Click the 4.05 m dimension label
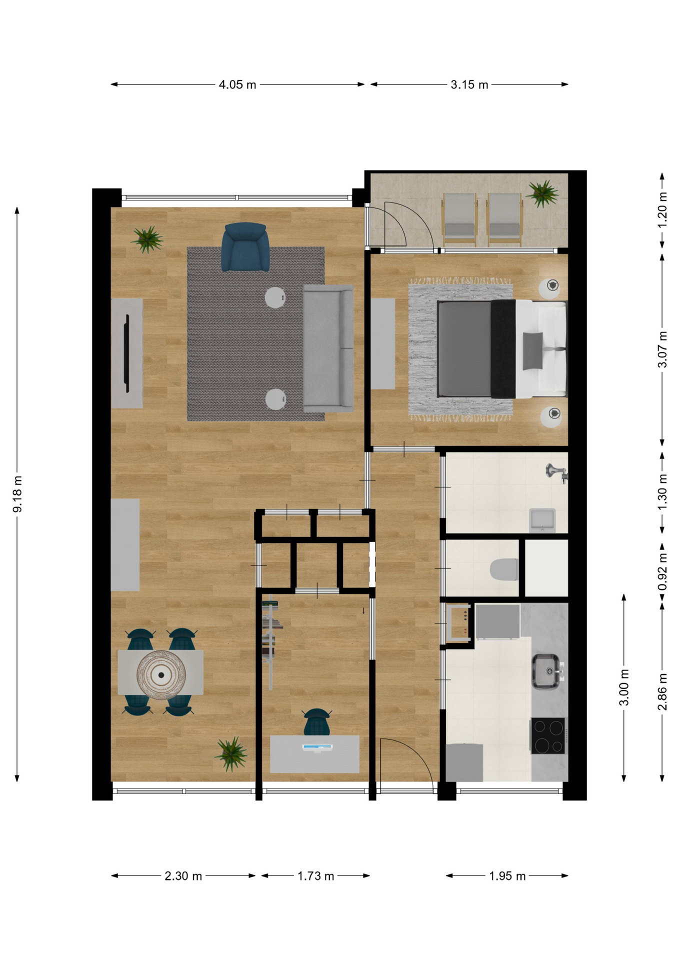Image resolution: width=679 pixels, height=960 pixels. click(237, 84)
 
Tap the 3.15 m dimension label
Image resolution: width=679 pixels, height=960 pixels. click(469, 84)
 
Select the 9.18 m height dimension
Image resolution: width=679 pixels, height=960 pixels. click(17, 494)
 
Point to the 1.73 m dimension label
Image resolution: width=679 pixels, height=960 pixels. click(315, 875)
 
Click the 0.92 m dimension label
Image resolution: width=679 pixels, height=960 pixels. click(662, 571)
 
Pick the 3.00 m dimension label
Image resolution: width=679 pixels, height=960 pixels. click(624, 687)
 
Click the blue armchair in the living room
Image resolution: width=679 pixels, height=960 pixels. click(245, 247)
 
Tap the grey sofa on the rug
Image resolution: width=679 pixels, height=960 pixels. click(328, 348)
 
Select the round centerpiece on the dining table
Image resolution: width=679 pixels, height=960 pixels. click(161, 675)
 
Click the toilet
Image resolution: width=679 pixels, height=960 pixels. click(503, 569)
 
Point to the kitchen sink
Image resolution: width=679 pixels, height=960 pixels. click(545, 671)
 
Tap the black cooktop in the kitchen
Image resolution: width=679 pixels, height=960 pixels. click(547, 735)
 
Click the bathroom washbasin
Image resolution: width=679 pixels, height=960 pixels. click(542, 520)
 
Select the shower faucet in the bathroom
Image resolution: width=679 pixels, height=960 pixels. click(556, 472)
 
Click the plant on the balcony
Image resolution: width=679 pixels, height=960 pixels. click(542, 193)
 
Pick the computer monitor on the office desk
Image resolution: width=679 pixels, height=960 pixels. click(317, 748)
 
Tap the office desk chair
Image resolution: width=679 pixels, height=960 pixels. click(317, 721)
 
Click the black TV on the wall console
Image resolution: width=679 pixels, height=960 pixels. click(127, 353)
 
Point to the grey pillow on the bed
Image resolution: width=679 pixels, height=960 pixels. click(532, 351)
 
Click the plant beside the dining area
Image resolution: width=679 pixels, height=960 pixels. click(231, 753)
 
